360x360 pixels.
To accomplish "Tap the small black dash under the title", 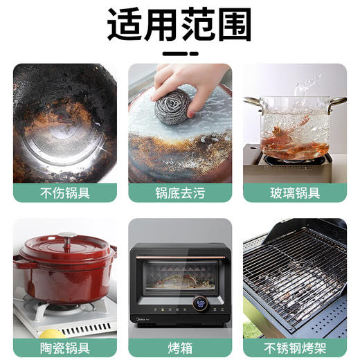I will coord(179,53).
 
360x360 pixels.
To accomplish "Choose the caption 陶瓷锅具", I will coord(65,348).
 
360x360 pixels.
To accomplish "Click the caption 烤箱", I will coord(179,348).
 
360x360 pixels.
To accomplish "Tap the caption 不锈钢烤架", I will coord(294,348).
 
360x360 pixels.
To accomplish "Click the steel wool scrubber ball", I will coord(174,97).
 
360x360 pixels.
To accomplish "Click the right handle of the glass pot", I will coord(339,103).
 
